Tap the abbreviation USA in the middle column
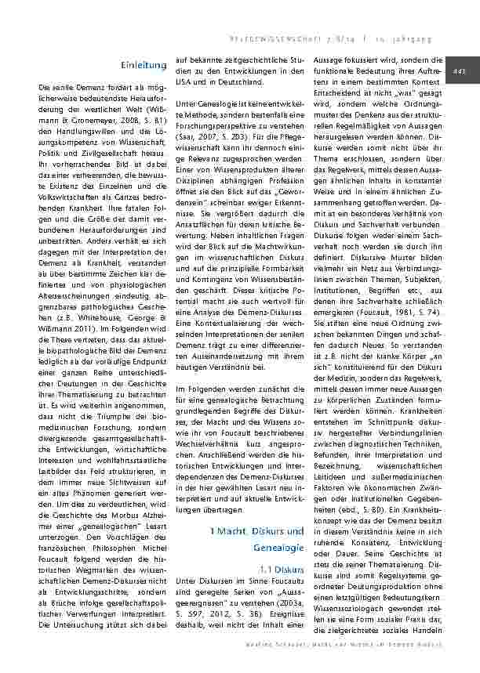[186, 83]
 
